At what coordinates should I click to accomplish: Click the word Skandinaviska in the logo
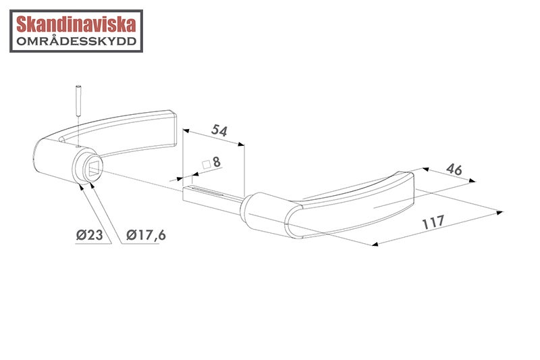(76, 24)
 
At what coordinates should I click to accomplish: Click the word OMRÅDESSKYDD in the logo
(76, 41)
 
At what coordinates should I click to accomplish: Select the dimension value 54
(219, 130)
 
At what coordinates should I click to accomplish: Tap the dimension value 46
(454, 169)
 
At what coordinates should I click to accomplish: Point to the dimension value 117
(433, 222)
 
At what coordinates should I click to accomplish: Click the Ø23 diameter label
(90, 235)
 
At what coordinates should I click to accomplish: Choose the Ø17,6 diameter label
(146, 235)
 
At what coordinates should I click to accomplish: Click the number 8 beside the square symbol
(217, 161)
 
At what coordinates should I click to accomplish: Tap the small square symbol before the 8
(207, 164)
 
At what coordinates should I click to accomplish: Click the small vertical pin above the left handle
(78, 100)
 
